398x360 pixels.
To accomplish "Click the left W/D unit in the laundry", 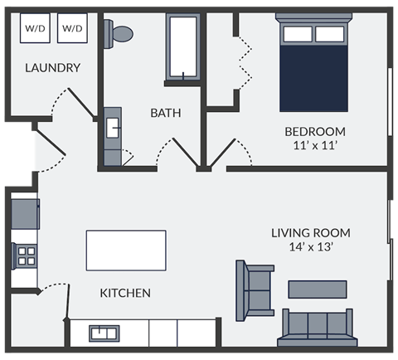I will [x=35, y=29].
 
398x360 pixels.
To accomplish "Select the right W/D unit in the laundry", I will [x=72, y=29].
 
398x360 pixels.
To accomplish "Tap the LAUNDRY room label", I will [x=52, y=68].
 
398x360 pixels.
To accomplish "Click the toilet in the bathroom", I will [x=120, y=34].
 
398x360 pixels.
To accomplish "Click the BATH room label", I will [x=165, y=113].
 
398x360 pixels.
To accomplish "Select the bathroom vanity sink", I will [x=112, y=127].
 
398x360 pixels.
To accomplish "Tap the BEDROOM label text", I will [x=314, y=131].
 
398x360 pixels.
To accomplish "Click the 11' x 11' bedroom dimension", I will [x=314, y=145].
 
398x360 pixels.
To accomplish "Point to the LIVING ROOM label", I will [x=310, y=232].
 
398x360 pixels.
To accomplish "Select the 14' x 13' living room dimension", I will [x=310, y=246].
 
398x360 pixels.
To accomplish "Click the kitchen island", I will [x=126, y=250].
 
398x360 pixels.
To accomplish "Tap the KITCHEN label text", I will [x=125, y=293].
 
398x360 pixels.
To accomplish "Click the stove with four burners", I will [x=26, y=255].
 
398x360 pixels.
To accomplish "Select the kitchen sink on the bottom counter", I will [x=104, y=333].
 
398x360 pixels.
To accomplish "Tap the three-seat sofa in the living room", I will [x=318, y=328].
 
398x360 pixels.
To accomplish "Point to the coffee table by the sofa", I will [x=317, y=289].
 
